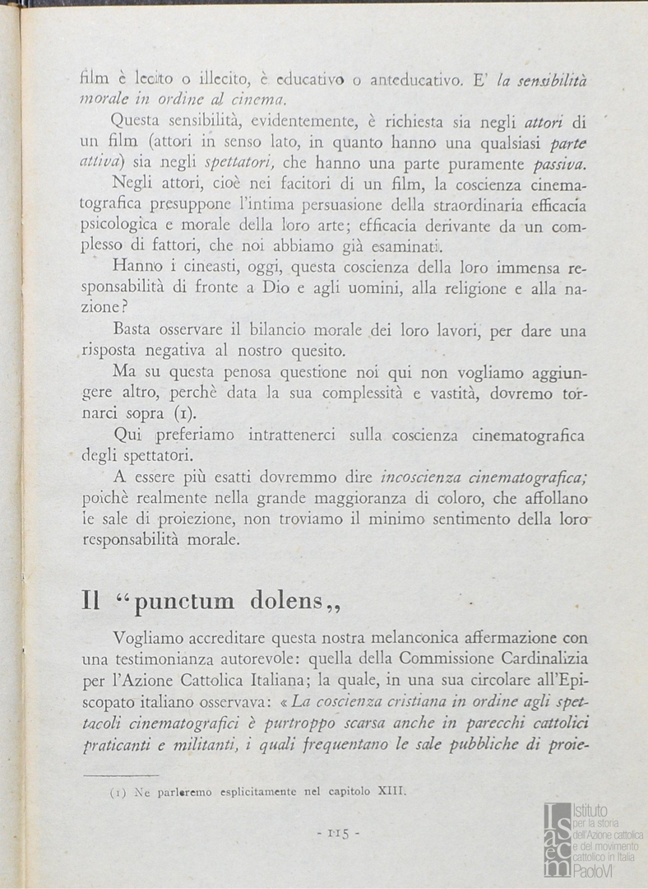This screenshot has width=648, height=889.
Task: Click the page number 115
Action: tap(337, 833)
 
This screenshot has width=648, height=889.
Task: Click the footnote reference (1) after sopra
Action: tap(184, 414)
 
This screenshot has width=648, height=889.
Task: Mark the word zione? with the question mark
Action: tap(105, 307)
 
